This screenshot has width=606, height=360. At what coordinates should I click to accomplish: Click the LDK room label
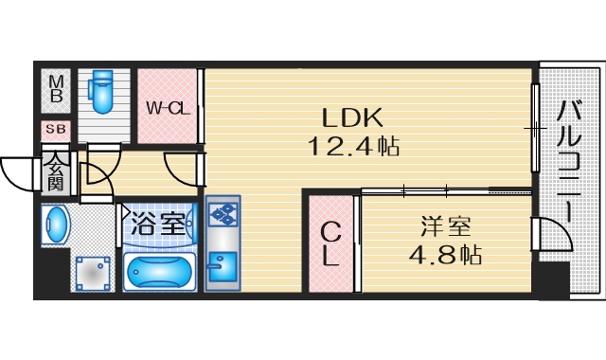351,117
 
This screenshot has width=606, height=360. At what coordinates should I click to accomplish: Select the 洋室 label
446,227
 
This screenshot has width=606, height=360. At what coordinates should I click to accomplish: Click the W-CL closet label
169,107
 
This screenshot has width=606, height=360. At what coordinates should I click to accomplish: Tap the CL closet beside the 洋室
329,243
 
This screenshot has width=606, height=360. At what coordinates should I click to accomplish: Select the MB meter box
55,88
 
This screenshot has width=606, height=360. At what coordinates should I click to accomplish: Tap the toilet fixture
100,89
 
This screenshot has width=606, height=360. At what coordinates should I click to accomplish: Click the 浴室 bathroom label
157,224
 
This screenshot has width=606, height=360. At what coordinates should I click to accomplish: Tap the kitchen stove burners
223,217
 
